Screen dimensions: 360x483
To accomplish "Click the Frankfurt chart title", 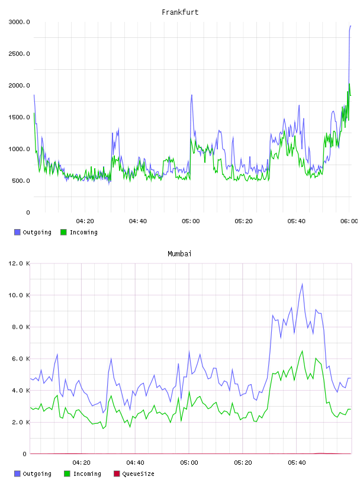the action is click(180, 12).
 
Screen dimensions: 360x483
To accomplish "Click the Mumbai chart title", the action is click(179, 254).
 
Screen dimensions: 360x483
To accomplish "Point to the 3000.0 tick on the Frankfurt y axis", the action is click(20, 22).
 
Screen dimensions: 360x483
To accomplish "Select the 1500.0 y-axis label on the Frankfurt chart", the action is click(20, 117).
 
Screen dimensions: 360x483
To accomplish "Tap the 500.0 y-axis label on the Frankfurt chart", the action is click(21, 181).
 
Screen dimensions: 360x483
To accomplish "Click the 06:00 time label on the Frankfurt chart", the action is click(349, 221).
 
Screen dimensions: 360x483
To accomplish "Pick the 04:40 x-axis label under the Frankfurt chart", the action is click(138, 221).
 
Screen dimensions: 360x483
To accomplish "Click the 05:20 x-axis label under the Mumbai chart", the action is click(243, 462).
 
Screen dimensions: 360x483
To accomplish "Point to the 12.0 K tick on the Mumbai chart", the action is click(20, 263).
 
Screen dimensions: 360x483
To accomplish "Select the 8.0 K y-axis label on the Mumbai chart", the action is click(21, 327).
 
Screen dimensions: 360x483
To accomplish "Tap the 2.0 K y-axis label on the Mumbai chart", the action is click(21, 422).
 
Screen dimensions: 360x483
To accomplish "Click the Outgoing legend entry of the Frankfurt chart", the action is click(33, 232).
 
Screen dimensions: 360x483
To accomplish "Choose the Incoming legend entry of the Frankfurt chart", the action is click(79, 232).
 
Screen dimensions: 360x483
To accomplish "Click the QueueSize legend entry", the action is click(134, 474).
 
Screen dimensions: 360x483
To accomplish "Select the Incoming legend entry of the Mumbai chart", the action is click(83, 474).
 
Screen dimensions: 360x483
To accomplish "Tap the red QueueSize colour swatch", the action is click(117, 474).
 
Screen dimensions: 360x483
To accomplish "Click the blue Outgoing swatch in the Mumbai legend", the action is click(17, 474).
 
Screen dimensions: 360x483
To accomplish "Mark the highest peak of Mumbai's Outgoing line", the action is click(302, 284).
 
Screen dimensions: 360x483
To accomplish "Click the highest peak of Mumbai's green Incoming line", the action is click(302, 351).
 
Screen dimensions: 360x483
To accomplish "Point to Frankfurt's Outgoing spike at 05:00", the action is click(192, 95).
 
